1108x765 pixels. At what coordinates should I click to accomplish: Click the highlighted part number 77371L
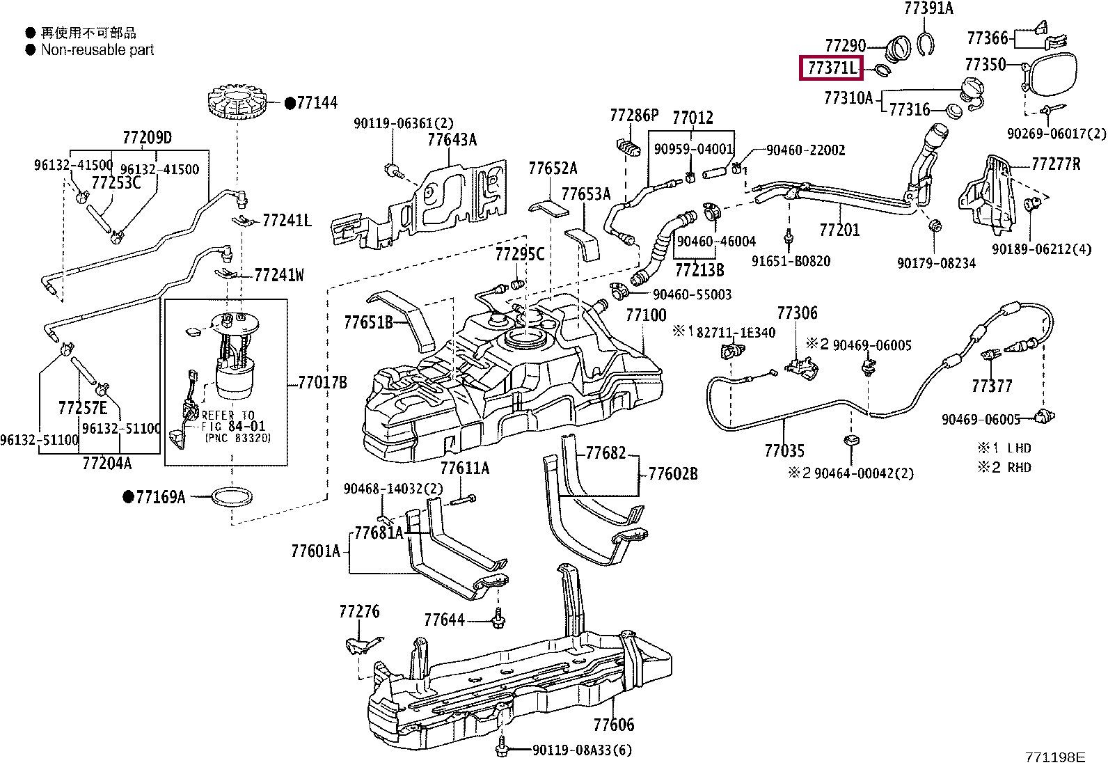pyautogui.click(x=831, y=68)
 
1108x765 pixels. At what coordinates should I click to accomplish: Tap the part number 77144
pyautogui.click(x=317, y=103)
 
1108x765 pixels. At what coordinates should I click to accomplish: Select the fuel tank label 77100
pyautogui.click(x=646, y=315)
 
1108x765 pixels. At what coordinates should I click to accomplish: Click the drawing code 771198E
pyautogui.click(x=1054, y=757)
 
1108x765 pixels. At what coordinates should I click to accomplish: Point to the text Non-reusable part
pyautogui.click(x=97, y=50)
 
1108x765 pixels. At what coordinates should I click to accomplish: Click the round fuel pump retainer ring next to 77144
pyautogui.click(x=237, y=103)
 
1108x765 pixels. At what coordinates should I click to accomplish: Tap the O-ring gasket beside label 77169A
pyautogui.click(x=232, y=496)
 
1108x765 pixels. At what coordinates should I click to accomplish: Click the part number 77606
pyautogui.click(x=613, y=725)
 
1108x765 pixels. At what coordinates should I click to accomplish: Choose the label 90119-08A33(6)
pyautogui.click(x=583, y=750)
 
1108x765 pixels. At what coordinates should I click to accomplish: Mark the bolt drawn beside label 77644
pyautogui.click(x=498, y=619)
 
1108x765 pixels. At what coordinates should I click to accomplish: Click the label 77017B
pyautogui.click(x=322, y=383)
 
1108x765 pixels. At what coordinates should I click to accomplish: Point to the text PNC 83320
pyautogui.click(x=238, y=438)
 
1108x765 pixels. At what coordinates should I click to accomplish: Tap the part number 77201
pyautogui.click(x=839, y=230)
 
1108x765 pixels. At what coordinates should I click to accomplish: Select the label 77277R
pyautogui.click(x=1056, y=164)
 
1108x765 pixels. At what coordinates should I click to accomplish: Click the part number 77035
pyautogui.click(x=784, y=451)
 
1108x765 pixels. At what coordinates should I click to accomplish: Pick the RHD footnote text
pyautogui.click(x=1019, y=467)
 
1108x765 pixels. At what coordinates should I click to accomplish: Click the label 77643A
pyautogui.click(x=452, y=140)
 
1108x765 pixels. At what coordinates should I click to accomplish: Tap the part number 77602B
pyautogui.click(x=673, y=474)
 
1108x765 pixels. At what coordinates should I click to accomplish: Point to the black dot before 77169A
pyautogui.click(x=129, y=496)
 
